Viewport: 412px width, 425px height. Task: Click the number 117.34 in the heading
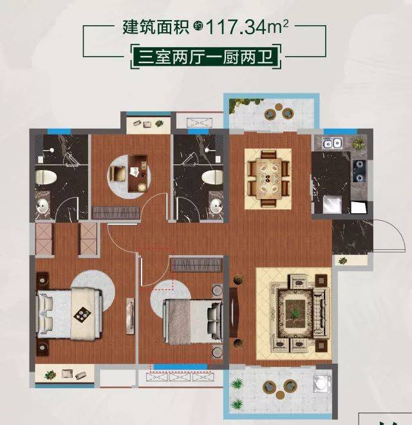click(237, 28)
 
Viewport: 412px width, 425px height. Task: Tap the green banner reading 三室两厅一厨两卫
click(206, 57)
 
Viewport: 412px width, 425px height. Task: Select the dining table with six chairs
click(268, 179)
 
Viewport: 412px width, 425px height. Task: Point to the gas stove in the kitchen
click(359, 171)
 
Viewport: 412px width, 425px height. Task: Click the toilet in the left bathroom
click(46, 177)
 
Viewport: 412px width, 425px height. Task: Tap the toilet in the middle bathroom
click(212, 177)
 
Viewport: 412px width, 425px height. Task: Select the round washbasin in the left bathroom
click(42, 207)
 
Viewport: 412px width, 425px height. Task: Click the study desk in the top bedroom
click(138, 173)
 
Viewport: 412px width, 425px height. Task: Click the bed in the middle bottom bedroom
click(193, 321)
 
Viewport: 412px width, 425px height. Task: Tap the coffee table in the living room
click(295, 314)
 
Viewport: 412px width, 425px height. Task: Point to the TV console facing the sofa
click(234, 312)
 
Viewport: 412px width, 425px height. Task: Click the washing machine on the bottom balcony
click(322, 383)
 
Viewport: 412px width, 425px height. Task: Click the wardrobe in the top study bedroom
click(115, 212)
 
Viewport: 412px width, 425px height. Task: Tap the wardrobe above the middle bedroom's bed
click(197, 265)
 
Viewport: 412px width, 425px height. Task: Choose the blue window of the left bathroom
click(59, 131)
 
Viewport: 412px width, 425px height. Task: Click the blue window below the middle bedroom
click(180, 367)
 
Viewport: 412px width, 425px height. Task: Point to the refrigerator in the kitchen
click(332, 204)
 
